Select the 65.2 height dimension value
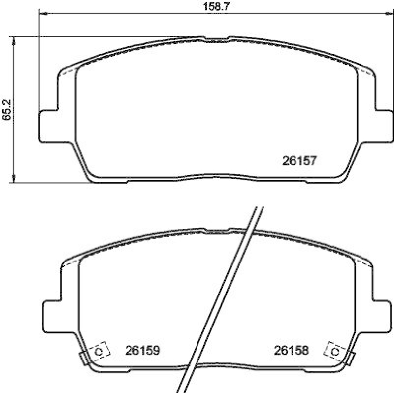pyautogui.click(x=6, y=110)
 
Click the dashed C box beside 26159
pyautogui.click(x=98, y=351)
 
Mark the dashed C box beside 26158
pyautogui.click(x=335, y=351)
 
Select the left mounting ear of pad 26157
pyautogui.click(x=48, y=126)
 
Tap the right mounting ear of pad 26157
pyautogui.click(x=385, y=126)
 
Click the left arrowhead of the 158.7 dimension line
pyautogui.click(x=41, y=14)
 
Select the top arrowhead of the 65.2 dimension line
pyautogui.click(x=14, y=39)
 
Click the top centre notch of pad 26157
pyautogui.click(x=217, y=37)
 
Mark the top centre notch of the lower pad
pyautogui.click(x=217, y=229)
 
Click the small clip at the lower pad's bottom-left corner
pyautogui.click(x=84, y=359)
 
